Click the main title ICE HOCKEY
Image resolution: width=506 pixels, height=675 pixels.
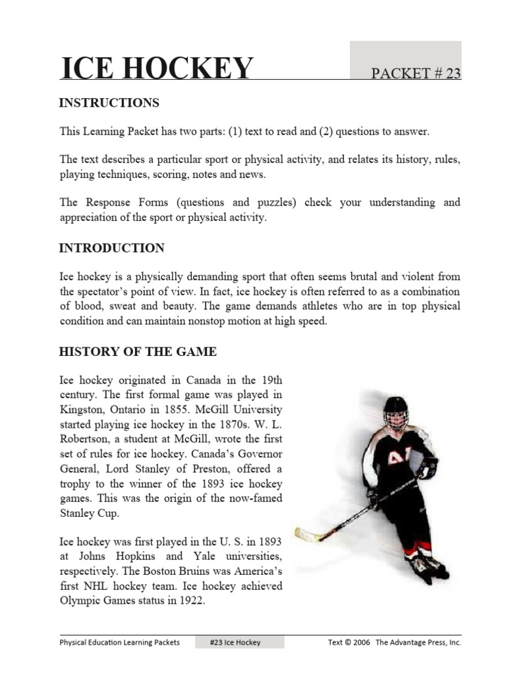tap(156, 69)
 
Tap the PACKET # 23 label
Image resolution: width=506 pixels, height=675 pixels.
tap(416, 74)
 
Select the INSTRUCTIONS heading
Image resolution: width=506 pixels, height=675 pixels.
tap(109, 103)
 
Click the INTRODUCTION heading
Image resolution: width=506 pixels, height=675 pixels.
tap(111, 249)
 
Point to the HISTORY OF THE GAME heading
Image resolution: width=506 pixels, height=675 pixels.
tap(138, 352)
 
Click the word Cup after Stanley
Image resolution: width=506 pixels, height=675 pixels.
tap(102, 512)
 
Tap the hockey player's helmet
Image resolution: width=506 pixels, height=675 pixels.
tap(397, 410)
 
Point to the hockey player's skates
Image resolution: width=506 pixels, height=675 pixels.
tap(427, 566)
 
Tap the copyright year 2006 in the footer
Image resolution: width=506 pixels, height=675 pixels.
tap(361, 642)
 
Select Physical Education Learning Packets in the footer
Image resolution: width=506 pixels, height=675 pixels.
tap(119, 642)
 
